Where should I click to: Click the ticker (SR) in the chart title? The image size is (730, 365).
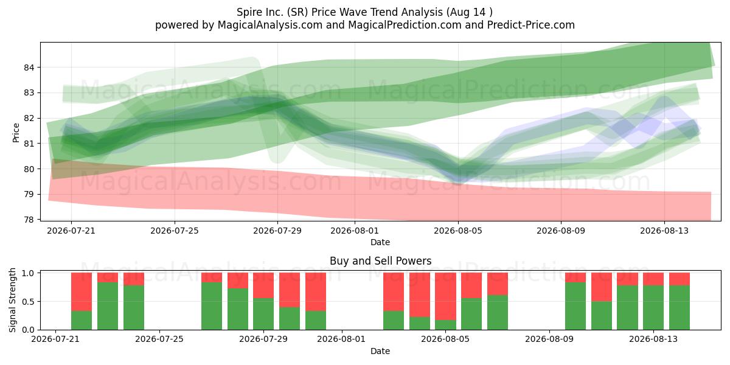(297, 12)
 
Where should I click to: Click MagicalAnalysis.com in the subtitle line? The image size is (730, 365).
(270, 25)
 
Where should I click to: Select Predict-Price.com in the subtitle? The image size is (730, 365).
(531, 25)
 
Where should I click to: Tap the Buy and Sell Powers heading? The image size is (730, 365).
(380, 261)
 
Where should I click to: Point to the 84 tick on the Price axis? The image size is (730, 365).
(29, 68)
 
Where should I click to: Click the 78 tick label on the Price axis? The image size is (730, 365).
(29, 220)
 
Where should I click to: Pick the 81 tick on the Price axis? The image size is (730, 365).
(29, 144)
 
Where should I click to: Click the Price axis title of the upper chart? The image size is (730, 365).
(16, 133)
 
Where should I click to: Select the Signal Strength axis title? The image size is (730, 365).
(12, 300)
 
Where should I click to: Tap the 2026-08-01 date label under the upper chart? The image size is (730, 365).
(355, 231)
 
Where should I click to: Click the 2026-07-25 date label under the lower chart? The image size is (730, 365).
(159, 339)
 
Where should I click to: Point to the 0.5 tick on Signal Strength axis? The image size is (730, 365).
(29, 302)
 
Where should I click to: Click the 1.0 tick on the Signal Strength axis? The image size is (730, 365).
(29, 273)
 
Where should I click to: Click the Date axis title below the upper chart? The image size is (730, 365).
(380, 242)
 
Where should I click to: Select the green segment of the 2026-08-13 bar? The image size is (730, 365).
(653, 307)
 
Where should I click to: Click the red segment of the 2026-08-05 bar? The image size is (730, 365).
(445, 296)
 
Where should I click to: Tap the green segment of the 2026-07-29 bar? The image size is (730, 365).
(263, 314)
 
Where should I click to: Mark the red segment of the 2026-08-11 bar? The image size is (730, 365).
(602, 287)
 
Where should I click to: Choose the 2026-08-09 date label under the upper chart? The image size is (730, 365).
(561, 231)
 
